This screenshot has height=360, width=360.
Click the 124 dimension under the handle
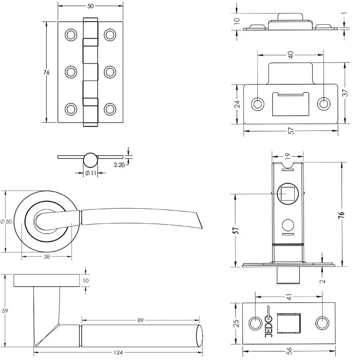click(x=118, y=352)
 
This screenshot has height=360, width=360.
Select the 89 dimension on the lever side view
click(x=140, y=320)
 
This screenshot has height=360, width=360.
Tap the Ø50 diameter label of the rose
click(x=6, y=221)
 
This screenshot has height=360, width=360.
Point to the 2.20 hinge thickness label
click(x=119, y=165)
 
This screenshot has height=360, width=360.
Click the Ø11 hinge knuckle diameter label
click(x=90, y=173)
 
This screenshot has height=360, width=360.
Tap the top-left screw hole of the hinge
click(x=71, y=35)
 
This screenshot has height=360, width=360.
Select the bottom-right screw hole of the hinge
click(x=110, y=109)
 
